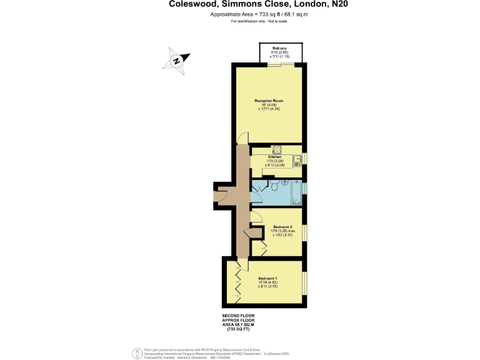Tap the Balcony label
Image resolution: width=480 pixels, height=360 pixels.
[279, 48]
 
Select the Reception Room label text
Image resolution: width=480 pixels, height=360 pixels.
[269, 101]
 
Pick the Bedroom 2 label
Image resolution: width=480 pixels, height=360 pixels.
[282, 226]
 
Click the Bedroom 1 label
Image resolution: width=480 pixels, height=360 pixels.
[267, 277]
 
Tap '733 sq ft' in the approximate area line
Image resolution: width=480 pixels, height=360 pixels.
[258, 14]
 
